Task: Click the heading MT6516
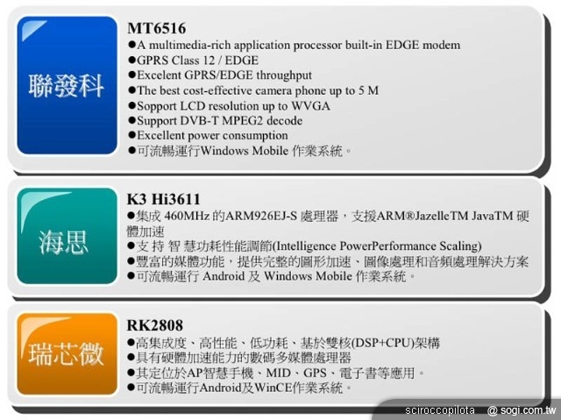[157, 29]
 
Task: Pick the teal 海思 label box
[66, 238]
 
